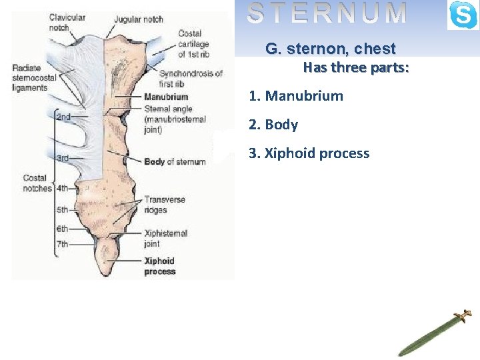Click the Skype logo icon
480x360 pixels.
[x=463, y=15]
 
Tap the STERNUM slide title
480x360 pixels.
[x=327, y=13]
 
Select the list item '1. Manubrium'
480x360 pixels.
[x=296, y=96]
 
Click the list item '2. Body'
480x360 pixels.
[x=273, y=125]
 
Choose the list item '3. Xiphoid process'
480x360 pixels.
[x=309, y=153]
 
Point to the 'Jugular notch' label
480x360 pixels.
[x=138, y=19]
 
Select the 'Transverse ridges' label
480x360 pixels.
[x=165, y=205]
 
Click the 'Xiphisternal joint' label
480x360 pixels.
[x=166, y=238]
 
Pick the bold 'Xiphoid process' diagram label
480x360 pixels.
[x=159, y=266]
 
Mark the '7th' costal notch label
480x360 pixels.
[x=61, y=244]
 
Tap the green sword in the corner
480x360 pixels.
[x=433, y=333]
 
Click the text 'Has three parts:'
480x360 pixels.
[x=356, y=68]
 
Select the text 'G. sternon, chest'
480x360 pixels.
[x=331, y=49]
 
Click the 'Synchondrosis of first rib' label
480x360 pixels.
[x=191, y=79]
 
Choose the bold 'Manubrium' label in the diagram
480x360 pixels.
[x=166, y=97]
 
